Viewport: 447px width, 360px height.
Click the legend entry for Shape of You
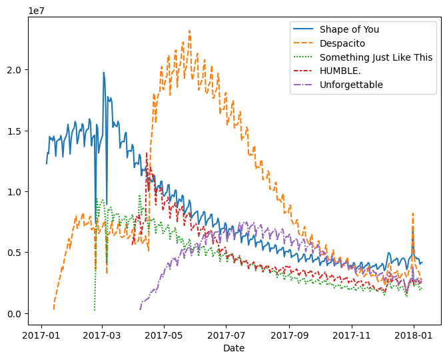point(350,29)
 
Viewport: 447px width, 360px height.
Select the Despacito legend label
point(342,43)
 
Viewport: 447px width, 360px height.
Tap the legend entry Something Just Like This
point(376,57)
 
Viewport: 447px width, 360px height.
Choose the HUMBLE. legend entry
point(339,71)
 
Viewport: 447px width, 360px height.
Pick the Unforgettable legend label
point(351,85)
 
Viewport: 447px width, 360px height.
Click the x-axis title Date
point(234,348)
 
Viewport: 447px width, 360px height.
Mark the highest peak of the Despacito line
point(189,30)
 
